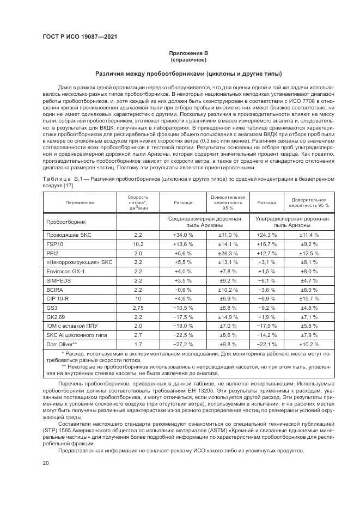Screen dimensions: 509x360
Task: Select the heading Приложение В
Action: pos(188,53)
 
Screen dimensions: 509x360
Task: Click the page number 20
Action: pos(45,463)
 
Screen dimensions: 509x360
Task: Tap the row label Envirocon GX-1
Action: pos(65,271)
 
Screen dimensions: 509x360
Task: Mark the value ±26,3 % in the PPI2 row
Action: pos(228,253)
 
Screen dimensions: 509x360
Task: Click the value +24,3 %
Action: pos(266,234)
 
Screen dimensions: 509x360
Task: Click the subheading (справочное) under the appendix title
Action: pos(188,59)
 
